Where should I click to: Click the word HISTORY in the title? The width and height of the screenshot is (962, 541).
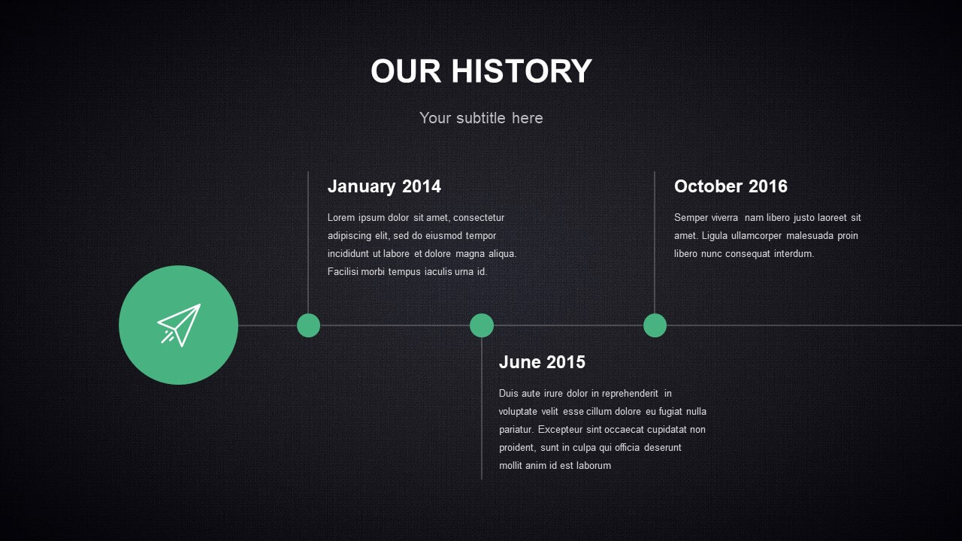tap(522, 71)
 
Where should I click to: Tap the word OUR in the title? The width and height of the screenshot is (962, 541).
tap(406, 71)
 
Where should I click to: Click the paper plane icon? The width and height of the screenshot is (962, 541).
tap(179, 325)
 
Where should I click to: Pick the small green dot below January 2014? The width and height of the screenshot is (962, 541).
tap(308, 325)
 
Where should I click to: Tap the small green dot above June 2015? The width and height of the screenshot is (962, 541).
tap(482, 325)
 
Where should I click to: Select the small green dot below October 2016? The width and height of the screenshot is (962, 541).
tap(655, 325)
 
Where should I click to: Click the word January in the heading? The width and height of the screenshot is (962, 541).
tap(362, 187)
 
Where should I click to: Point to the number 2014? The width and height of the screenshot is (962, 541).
tap(422, 186)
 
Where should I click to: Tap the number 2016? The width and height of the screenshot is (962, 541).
tap(768, 186)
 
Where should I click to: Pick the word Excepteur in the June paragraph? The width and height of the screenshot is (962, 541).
tap(560, 430)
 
